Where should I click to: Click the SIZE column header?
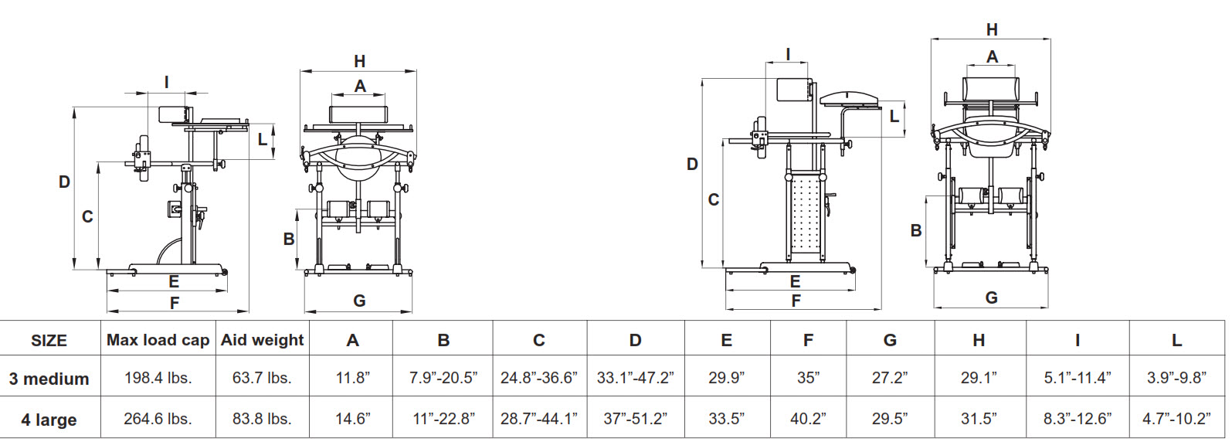49,340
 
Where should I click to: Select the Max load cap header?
158,340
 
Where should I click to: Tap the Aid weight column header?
262,340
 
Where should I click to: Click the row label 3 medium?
49,379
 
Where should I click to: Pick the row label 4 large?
49,420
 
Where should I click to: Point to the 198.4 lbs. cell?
158,378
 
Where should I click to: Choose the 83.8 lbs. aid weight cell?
262,419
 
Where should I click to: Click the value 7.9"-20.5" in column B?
443,378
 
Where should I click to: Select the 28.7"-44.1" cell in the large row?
538,419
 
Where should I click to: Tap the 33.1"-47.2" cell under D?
635,378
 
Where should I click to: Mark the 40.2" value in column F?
808,419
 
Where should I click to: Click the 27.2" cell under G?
890,378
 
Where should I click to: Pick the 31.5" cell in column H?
979,419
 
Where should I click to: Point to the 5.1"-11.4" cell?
1077,378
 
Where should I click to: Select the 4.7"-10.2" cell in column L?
1176,419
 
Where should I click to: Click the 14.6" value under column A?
352,419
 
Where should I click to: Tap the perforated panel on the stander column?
805,216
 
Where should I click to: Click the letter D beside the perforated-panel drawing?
692,165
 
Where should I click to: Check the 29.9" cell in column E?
726,378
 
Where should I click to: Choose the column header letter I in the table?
1077,340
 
